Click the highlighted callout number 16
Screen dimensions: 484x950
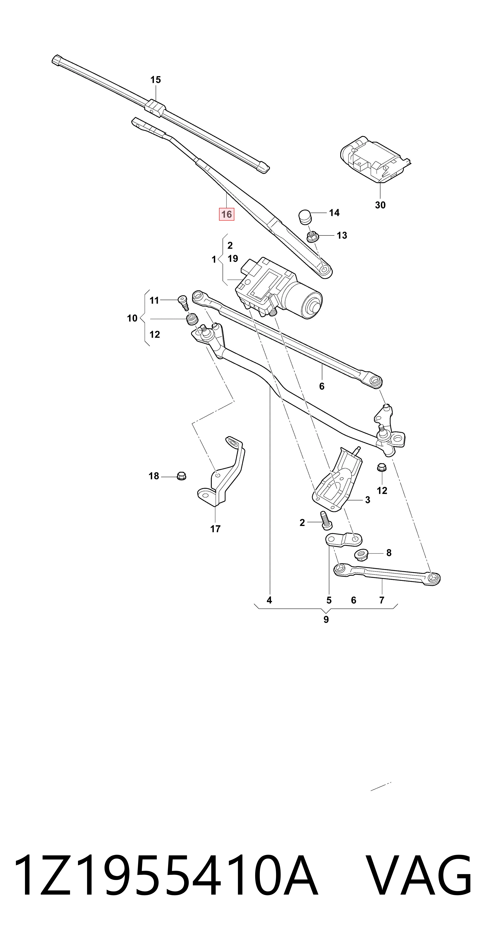(x=226, y=214)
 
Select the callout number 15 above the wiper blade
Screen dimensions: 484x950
(x=155, y=80)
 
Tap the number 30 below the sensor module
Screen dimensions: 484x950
(x=380, y=205)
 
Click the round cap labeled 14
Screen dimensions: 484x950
(x=305, y=217)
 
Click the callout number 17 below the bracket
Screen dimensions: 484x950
(x=215, y=529)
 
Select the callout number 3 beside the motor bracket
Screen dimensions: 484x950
(x=368, y=500)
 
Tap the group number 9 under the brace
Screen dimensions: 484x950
(x=326, y=619)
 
